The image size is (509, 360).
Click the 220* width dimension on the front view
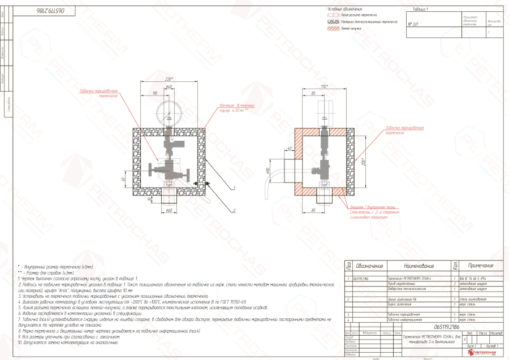169,79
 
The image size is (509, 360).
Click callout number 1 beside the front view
233,187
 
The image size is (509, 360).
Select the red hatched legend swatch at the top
334,28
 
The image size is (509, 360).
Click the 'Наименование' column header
419,266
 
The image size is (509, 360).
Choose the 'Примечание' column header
481,266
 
